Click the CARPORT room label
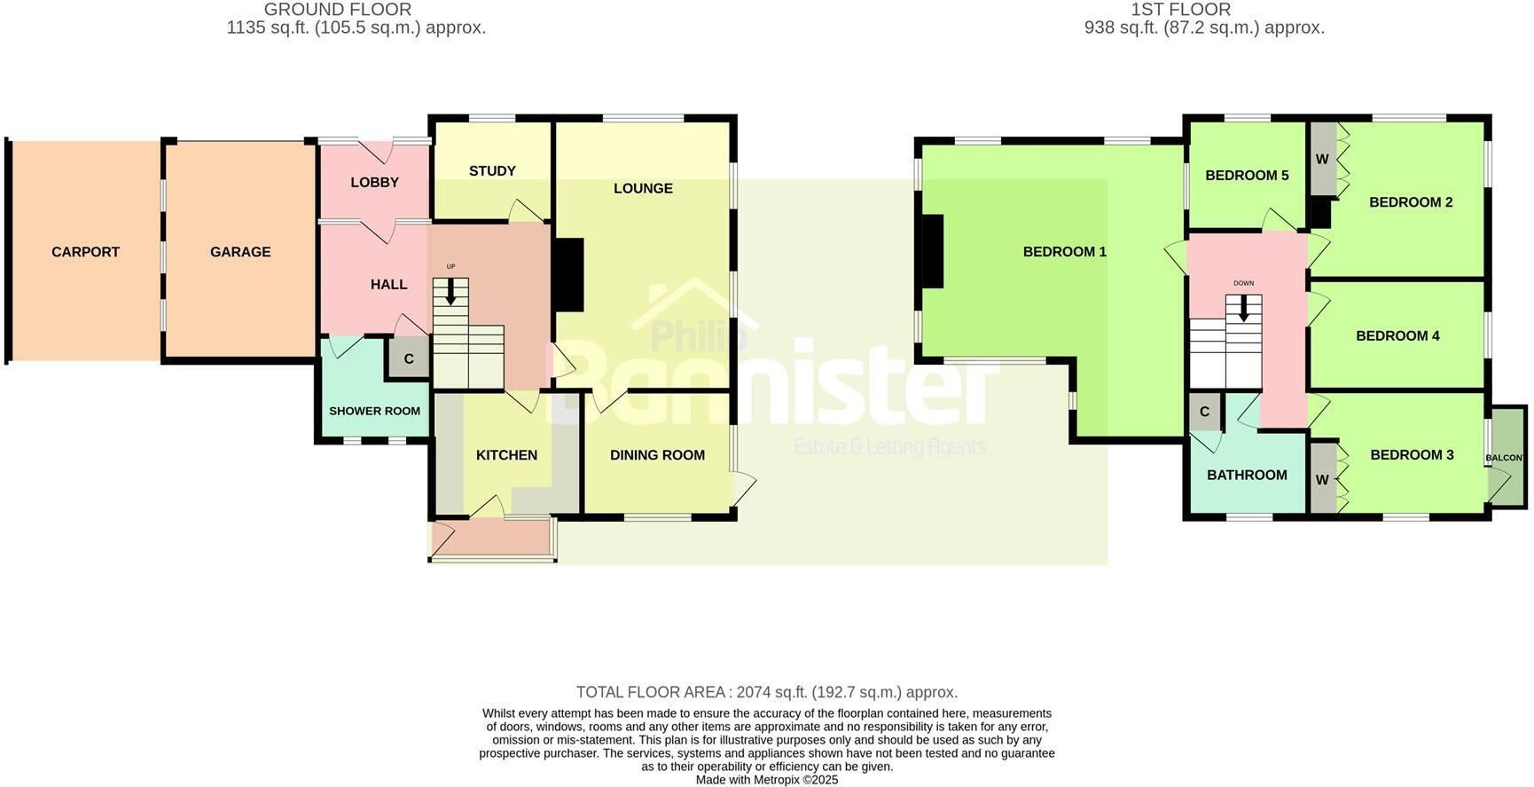85,252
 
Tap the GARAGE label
240,252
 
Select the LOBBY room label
374,182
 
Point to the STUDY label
492,170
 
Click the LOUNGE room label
643,188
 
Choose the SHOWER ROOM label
374,411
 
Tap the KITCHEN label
506,455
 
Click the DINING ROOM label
657,455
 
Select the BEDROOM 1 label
1064,252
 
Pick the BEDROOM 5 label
1247,176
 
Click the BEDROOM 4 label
1397,335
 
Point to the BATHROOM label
1247,475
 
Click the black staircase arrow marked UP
450,291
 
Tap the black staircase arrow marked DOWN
1243,308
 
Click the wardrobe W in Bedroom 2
1322,160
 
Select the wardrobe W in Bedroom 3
1322,480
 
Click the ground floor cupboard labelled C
409,359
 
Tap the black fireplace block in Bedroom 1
933,252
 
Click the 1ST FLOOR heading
1180,10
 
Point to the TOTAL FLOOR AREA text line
767,692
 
